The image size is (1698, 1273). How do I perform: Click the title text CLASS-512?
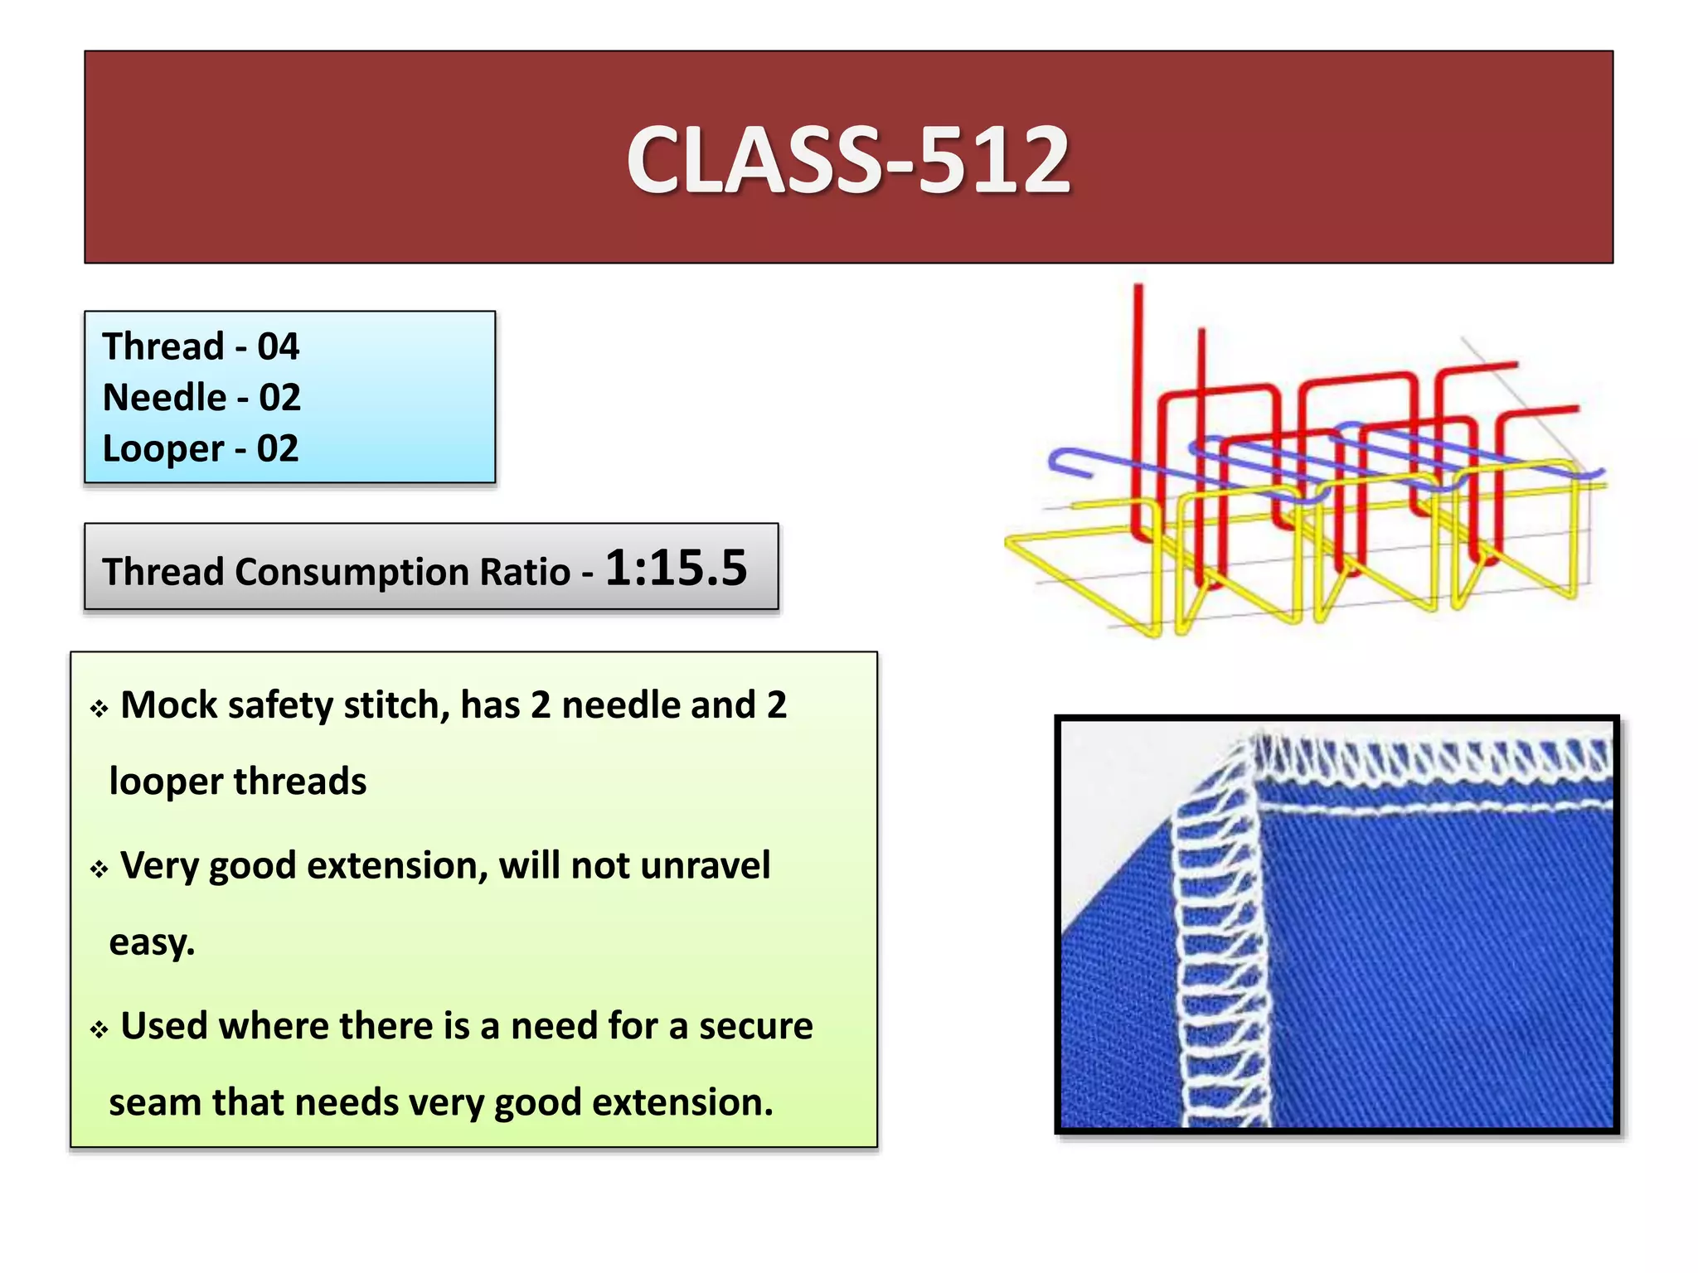tap(848, 159)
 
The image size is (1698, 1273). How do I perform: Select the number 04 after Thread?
tap(278, 346)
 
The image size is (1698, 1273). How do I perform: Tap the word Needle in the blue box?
tap(164, 398)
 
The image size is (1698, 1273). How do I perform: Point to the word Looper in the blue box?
tap(163, 449)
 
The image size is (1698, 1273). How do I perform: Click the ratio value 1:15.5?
tap(676, 569)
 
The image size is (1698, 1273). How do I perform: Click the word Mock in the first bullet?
tap(168, 705)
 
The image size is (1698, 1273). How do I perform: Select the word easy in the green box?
tap(150, 942)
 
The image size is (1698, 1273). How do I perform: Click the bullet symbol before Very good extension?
tap(99, 869)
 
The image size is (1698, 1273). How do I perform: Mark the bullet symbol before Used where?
tap(99, 1030)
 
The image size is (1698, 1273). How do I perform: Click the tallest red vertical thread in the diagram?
tap(1139, 398)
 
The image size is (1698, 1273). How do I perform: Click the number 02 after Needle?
tap(279, 398)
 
